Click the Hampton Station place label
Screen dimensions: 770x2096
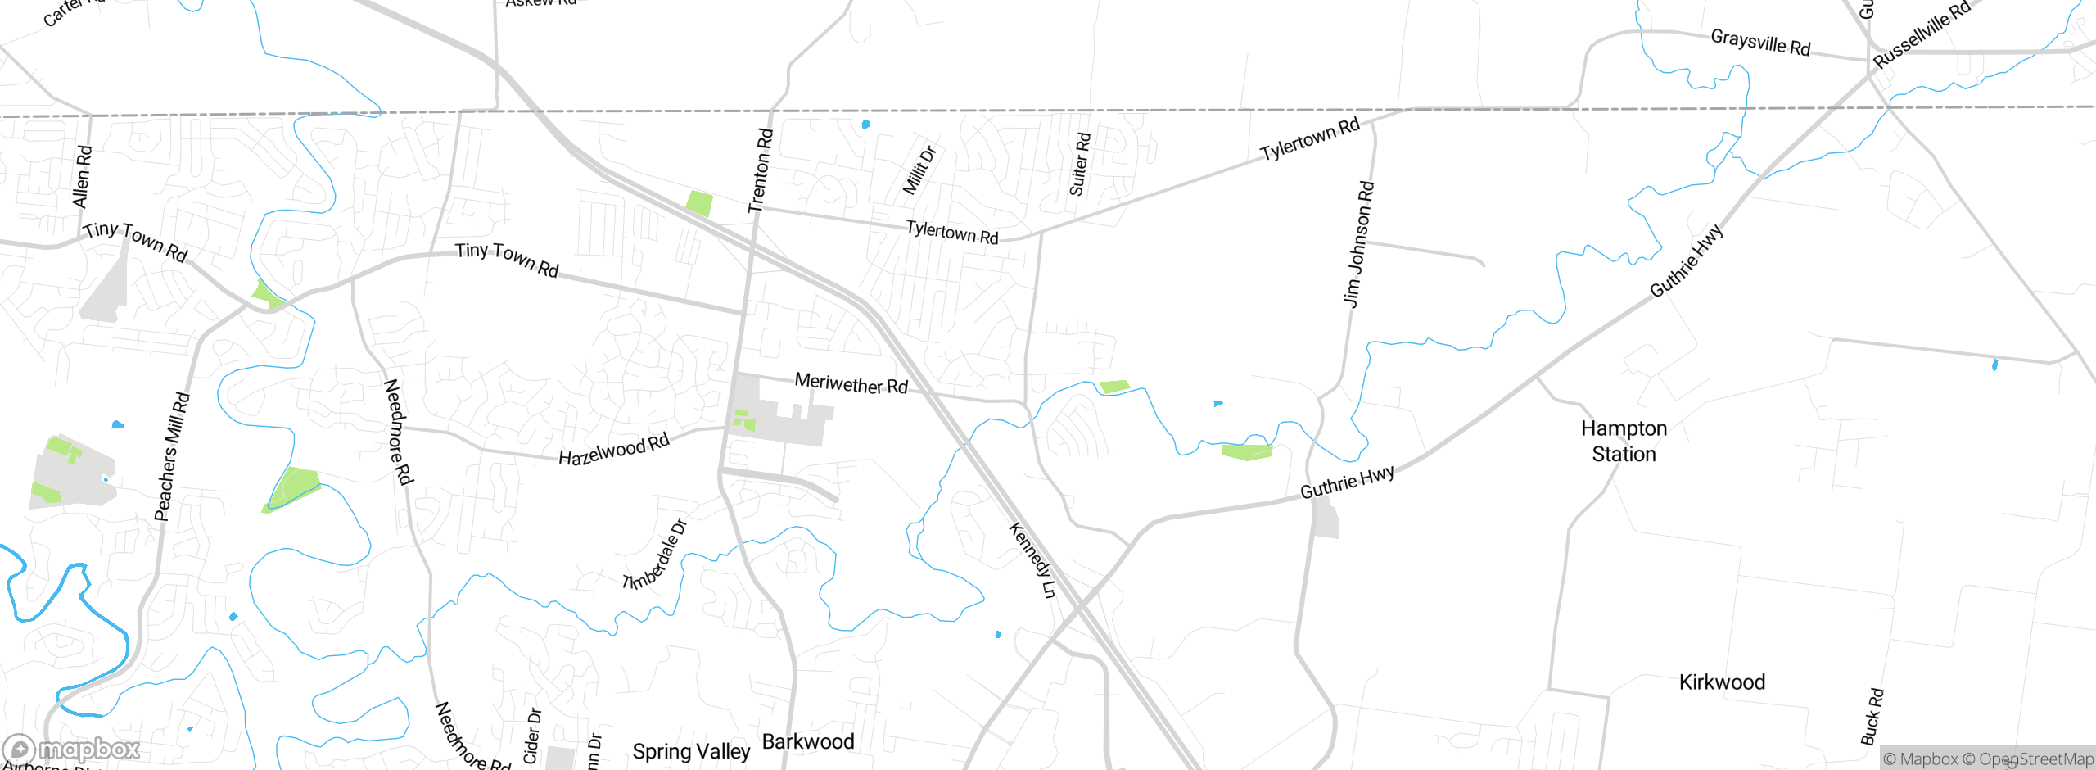click(x=1624, y=441)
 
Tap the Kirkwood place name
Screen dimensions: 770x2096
click(x=1722, y=682)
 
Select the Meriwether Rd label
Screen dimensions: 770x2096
click(x=851, y=383)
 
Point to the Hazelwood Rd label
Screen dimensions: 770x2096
click(x=614, y=450)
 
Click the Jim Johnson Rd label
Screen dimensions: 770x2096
click(x=1359, y=244)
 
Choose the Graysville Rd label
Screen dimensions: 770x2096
click(x=1760, y=42)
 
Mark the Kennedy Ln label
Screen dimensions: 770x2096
click(x=1032, y=560)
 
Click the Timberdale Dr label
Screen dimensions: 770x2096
click(x=655, y=555)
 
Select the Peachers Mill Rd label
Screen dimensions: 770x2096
click(x=172, y=457)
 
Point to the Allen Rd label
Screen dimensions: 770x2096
click(x=83, y=177)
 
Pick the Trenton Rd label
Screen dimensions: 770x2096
click(x=761, y=170)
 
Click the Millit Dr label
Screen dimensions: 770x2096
click(x=919, y=170)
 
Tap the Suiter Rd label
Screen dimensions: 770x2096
click(x=1080, y=164)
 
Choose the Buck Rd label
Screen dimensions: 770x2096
click(x=1872, y=717)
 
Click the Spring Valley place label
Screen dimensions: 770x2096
click(x=691, y=751)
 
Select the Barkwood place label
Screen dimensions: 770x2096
click(x=808, y=741)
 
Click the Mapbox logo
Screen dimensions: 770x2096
click(x=72, y=749)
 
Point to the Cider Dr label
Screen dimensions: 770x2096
click(x=532, y=736)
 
